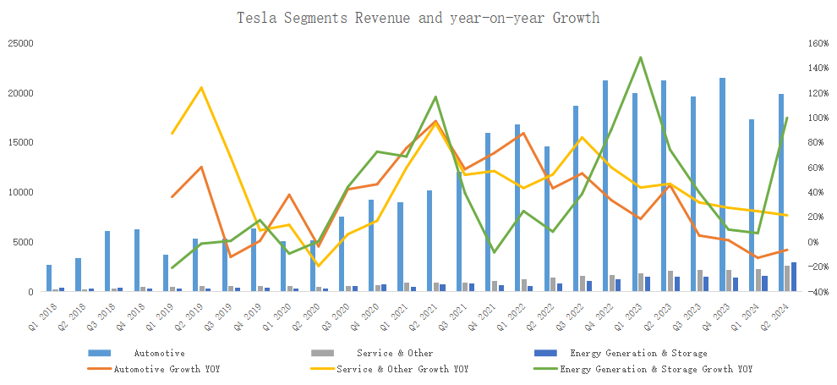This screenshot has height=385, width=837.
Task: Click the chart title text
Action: point(418,18)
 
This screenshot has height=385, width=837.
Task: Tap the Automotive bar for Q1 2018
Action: point(48,278)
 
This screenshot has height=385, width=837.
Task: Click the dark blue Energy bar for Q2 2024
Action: point(794,278)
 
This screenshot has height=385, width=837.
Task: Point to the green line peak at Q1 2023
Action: point(641,58)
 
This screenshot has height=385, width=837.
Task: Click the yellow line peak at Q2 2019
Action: point(201,87)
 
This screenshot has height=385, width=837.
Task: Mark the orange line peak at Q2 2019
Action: point(201,167)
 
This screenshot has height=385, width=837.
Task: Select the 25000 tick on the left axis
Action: point(20,43)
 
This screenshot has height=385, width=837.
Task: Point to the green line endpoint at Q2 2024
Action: point(787,118)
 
